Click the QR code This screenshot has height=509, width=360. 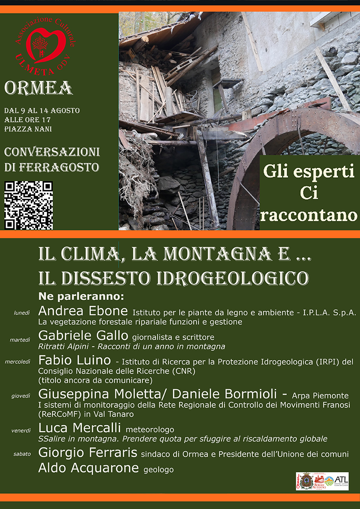(29, 205)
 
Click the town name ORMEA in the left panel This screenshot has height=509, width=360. (38, 88)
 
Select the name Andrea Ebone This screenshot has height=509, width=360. (83, 311)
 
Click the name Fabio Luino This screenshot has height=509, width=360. (75, 361)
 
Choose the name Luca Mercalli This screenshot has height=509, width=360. (80, 428)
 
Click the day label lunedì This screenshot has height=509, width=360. (22, 313)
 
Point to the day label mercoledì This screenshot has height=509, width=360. (18, 362)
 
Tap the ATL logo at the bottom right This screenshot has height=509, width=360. (341, 481)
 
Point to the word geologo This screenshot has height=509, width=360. (159, 470)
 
